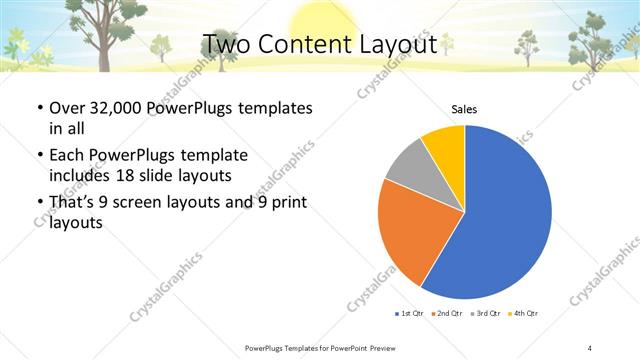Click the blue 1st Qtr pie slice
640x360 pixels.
[x=505, y=215]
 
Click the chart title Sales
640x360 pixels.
[x=464, y=108]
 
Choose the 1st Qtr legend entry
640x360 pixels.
[x=409, y=313]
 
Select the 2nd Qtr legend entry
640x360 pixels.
[x=447, y=313]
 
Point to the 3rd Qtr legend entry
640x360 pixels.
[x=486, y=313]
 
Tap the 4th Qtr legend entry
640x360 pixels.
[x=524, y=313]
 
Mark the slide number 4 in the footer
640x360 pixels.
[x=590, y=347]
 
